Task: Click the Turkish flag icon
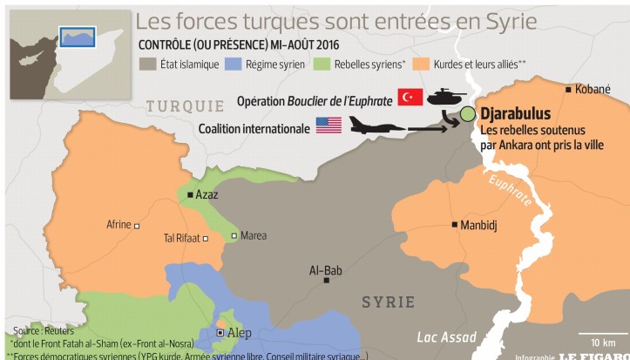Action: [410, 98]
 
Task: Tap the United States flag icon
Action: [329, 126]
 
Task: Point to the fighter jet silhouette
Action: [377, 126]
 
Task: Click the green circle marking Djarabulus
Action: [468, 113]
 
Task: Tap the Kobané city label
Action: [593, 89]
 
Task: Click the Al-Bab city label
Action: [326, 270]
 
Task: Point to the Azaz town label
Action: [207, 194]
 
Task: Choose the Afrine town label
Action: [119, 225]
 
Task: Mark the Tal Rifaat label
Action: [181, 238]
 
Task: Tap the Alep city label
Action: [239, 333]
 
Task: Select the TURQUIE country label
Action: [185, 105]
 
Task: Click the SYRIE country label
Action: [389, 302]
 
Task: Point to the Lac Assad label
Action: [446, 337]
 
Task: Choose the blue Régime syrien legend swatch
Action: [233, 64]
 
